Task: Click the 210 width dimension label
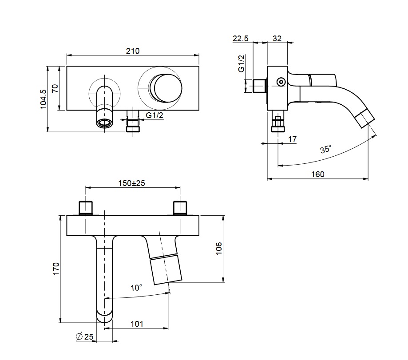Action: [133, 51]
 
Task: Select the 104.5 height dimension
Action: [43, 99]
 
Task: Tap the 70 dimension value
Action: [55, 88]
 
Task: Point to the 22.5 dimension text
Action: [241, 39]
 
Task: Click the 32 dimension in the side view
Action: [277, 39]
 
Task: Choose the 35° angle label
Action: [325, 149]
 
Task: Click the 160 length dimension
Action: [318, 174]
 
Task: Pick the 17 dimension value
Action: [292, 139]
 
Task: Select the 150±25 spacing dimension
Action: [132, 183]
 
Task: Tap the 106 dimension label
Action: [219, 249]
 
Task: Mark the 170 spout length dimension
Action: [56, 269]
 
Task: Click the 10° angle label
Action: [136, 288]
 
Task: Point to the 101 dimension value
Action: [137, 324]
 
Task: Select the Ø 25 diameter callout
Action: [84, 336]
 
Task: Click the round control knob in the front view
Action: [166, 87]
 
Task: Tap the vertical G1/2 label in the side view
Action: [242, 63]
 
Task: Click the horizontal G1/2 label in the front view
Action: [154, 115]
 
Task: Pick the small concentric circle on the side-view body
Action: [281, 82]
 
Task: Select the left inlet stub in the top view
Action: [86, 208]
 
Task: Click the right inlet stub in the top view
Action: [180, 208]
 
